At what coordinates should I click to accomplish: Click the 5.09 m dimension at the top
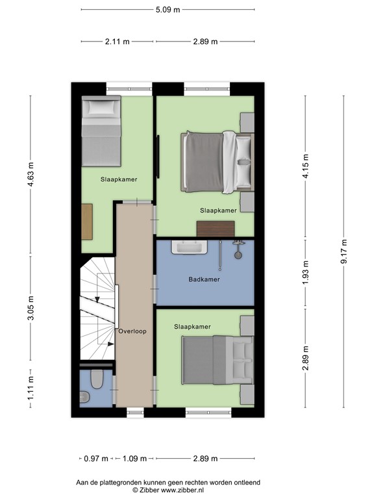[168, 10]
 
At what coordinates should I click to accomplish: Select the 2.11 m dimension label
[117, 41]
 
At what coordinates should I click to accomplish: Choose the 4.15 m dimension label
[305, 166]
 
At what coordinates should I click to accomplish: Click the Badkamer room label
[204, 280]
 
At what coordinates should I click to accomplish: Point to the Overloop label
[132, 331]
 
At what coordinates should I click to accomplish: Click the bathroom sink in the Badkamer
[188, 248]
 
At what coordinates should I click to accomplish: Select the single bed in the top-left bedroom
[101, 130]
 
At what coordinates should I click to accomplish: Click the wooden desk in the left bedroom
[87, 222]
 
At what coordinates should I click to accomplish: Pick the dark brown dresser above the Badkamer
[215, 229]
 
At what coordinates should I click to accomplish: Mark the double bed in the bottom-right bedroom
[218, 360]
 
